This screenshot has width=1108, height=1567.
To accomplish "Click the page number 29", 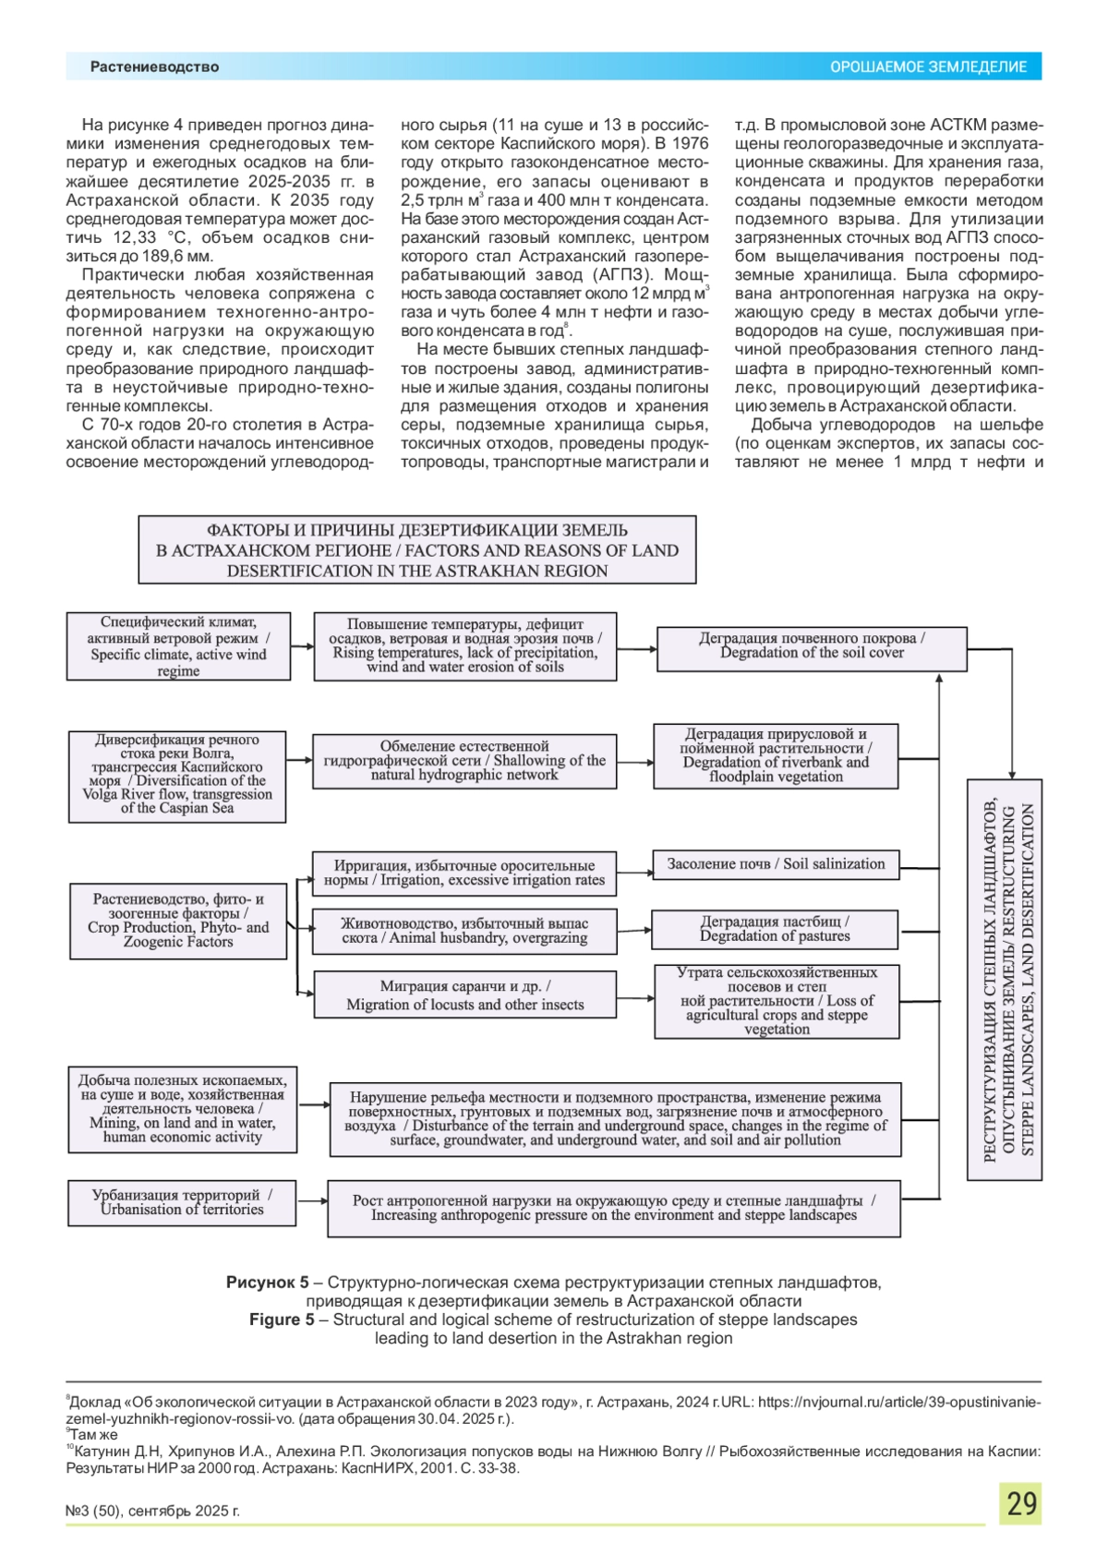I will pyautogui.click(x=1020, y=1504).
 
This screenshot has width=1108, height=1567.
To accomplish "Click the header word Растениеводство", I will pyautogui.click(x=154, y=66).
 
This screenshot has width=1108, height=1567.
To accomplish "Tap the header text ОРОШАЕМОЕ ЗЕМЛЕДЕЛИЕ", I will pyautogui.click(x=928, y=66).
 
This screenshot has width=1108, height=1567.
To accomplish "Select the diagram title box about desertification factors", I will pyautogui.click(x=417, y=550).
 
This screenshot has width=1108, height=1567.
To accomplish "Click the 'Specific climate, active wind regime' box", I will pyautogui.click(x=178, y=646).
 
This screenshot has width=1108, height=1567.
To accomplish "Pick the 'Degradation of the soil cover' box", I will pyautogui.click(x=812, y=645).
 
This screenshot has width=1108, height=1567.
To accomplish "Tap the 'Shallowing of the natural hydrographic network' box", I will pyautogui.click(x=464, y=761).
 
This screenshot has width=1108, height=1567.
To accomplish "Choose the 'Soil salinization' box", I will pyautogui.click(x=776, y=864).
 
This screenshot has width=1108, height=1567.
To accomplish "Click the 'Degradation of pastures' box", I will pyautogui.click(x=775, y=929).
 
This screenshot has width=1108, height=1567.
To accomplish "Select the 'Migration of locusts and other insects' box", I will pyautogui.click(x=464, y=994).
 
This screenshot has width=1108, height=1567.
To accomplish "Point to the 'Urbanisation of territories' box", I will pyautogui.click(x=182, y=1202).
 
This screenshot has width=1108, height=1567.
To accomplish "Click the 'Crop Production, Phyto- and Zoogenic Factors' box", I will pyautogui.click(x=178, y=921).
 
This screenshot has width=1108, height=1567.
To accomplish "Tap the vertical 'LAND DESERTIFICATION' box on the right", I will pyautogui.click(x=1005, y=980).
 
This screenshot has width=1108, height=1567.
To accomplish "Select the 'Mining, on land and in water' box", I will pyautogui.click(x=183, y=1109).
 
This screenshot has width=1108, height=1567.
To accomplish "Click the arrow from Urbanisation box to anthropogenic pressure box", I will pyautogui.click(x=312, y=1201).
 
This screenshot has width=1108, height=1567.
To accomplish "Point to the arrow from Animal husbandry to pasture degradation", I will pyautogui.click(x=634, y=930).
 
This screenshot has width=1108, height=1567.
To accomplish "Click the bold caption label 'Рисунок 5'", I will pyautogui.click(x=268, y=1283).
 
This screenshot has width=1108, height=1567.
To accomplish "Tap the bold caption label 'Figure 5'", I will pyautogui.click(x=282, y=1320).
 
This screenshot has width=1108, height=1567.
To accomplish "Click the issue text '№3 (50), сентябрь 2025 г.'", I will pyautogui.click(x=152, y=1511).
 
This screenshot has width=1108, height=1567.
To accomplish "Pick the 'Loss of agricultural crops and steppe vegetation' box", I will pyautogui.click(x=777, y=1001).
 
